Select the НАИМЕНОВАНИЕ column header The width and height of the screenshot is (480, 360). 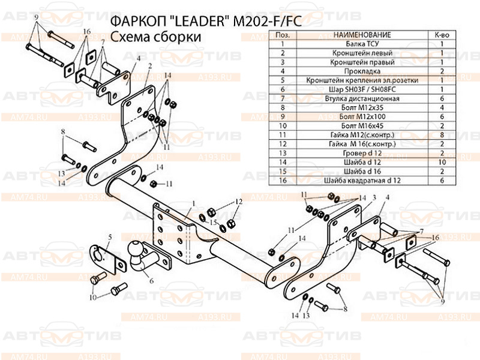click(x=361, y=36)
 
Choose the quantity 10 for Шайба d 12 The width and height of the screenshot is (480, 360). click(x=442, y=162)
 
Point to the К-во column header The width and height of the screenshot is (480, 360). click(x=442, y=36)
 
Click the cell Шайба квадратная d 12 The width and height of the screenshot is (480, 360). click(x=361, y=179)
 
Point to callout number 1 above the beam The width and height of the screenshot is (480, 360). click(x=194, y=203)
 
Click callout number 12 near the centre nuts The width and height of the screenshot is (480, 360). click(x=238, y=201)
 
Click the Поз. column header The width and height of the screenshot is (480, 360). click(x=280, y=36)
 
